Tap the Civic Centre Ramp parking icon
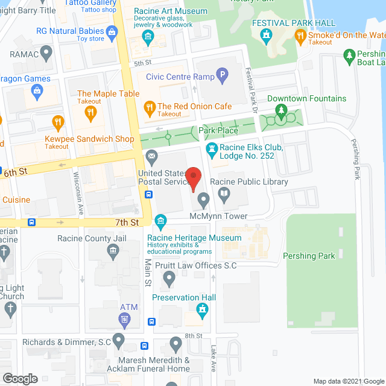(x=223, y=77)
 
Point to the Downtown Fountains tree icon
(x=280, y=110)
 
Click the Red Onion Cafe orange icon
(x=149, y=107)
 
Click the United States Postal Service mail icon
(x=151, y=159)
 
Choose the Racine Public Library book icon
(x=224, y=194)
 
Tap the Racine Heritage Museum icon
(x=160, y=222)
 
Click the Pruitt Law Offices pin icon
(x=169, y=278)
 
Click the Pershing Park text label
(x=310, y=256)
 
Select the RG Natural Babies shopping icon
(x=111, y=31)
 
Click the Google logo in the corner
(x=19, y=378)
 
